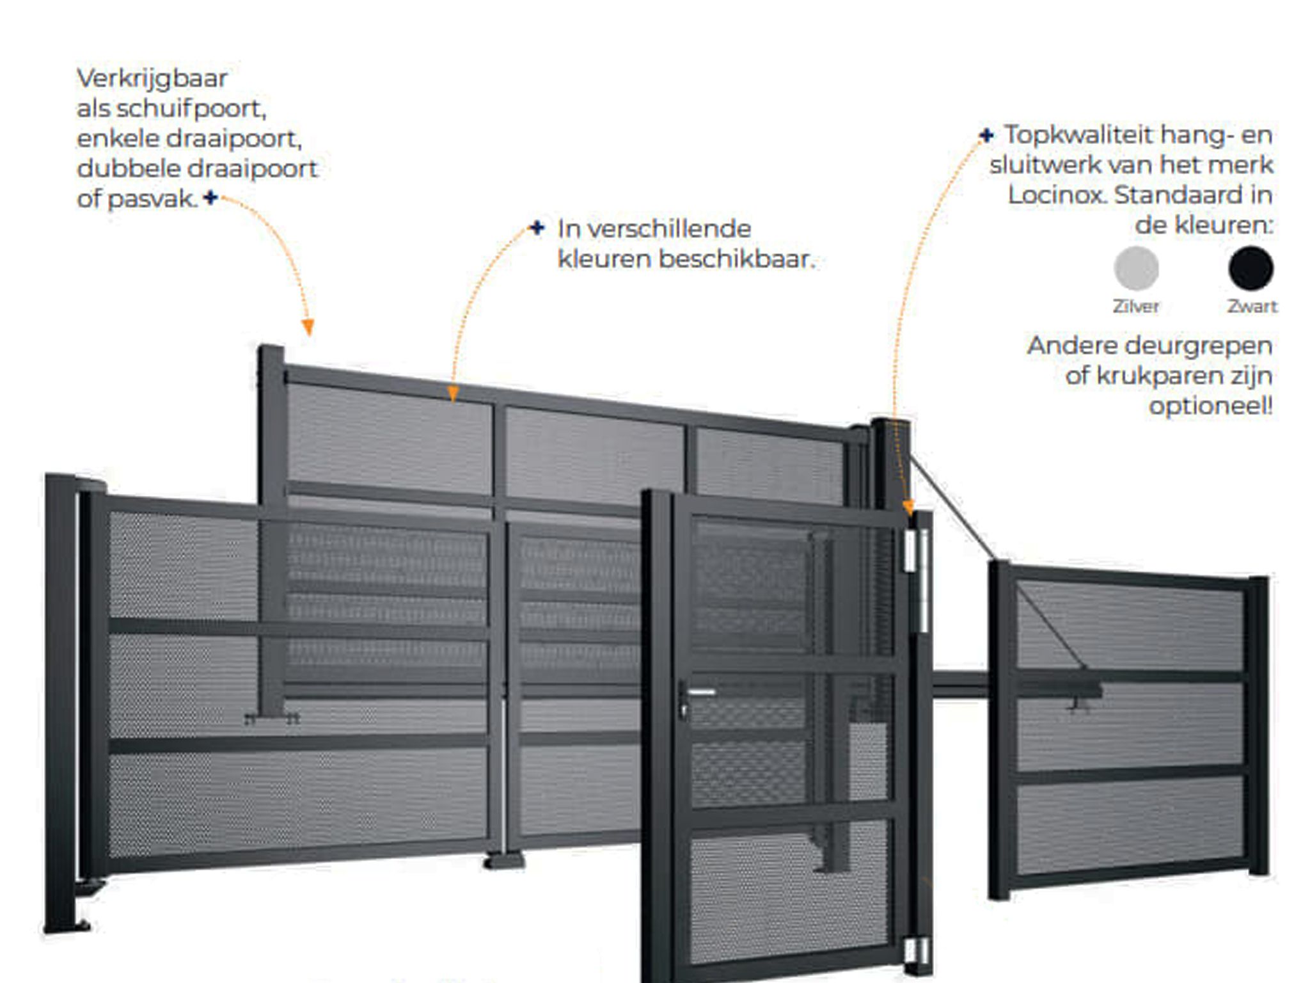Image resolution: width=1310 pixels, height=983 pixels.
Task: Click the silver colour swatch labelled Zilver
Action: click(x=1136, y=268)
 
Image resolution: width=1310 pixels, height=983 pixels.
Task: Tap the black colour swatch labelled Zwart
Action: click(x=1251, y=268)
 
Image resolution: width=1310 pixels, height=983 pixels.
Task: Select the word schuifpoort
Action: click(x=191, y=108)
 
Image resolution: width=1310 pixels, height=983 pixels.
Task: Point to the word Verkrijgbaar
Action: click(x=152, y=78)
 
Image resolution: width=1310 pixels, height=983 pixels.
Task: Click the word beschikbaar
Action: click(x=737, y=259)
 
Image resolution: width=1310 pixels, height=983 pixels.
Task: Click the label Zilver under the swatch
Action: click(x=1136, y=307)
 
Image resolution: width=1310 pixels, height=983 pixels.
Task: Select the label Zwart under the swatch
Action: click(x=1252, y=307)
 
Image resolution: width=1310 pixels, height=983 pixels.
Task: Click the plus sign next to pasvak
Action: click(x=210, y=198)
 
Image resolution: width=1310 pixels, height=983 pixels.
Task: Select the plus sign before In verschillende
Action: click(x=537, y=228)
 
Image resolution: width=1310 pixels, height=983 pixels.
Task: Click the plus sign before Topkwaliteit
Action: click(x=986, y=135)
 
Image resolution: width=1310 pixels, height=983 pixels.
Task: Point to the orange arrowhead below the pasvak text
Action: click(x=308, y=328)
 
